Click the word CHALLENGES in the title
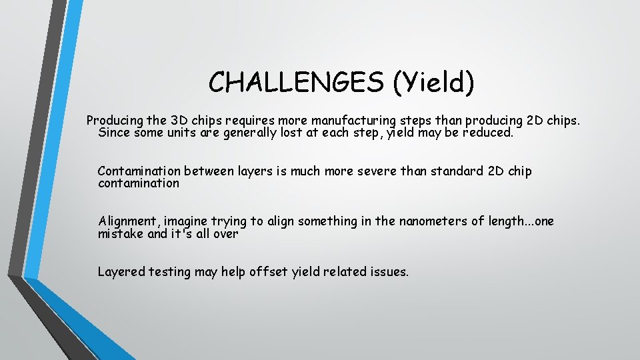pyautogui.click(x=295, y=82)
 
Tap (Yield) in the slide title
pyautogui.click(x=433, y=82)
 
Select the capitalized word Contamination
pyautogui.click(x=139, y=171)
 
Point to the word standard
pyautogui.click(x=451, y=171)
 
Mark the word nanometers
pyautogui.click(x=429, y=221)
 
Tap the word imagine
pyautogui.click(x=187, y=221)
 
